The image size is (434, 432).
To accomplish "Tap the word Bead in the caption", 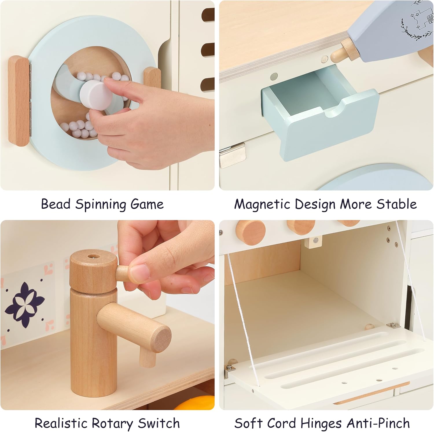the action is [x=56, y=204].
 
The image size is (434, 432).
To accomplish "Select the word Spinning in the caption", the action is [x=100, y=204].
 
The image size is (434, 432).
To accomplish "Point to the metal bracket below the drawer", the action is [x=232, y=156].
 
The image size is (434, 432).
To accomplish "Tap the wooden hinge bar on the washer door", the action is [x=19, y=101].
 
